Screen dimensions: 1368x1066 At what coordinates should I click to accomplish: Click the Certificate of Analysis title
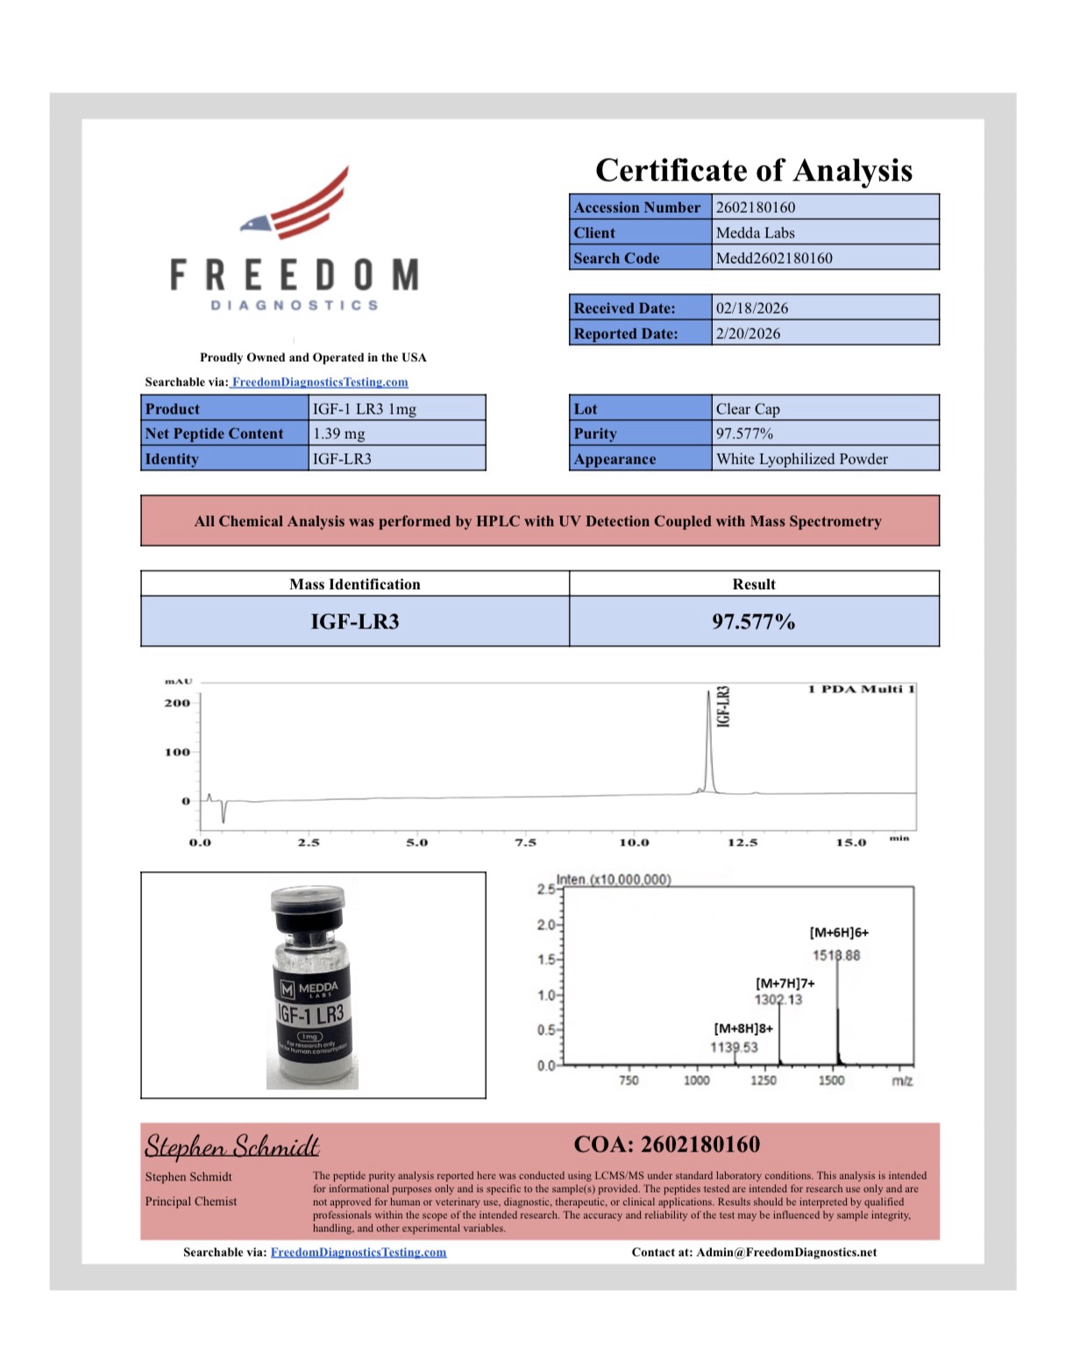click(753, 170)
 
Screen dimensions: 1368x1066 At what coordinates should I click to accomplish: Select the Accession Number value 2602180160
click(756, 208)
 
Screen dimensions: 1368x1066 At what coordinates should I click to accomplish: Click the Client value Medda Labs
click(755, 233)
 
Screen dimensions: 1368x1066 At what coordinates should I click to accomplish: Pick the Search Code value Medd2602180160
click(774, 259)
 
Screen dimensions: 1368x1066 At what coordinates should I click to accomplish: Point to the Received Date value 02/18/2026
click(751, 308)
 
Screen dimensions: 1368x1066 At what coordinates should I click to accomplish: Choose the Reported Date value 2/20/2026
click(748, 334)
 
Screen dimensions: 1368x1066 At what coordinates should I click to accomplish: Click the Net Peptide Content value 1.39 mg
click(339, 434)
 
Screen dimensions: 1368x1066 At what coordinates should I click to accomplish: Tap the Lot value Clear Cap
click(747, 409)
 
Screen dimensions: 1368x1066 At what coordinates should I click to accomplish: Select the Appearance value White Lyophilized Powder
click(801, 459)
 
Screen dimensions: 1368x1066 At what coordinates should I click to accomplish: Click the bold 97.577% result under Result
click(753, 622)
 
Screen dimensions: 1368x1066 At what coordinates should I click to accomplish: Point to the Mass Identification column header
click(354, 585)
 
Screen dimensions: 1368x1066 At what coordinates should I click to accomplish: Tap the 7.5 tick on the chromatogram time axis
click(525, 843)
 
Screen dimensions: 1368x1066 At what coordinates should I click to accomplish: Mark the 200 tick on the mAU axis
click(177, 703)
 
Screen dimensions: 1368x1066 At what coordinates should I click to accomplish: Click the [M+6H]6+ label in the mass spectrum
click(839, 932)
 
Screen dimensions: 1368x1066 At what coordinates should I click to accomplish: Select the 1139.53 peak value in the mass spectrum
click(734, 1047)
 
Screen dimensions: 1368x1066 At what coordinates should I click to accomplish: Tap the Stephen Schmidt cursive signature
click(232, 1145)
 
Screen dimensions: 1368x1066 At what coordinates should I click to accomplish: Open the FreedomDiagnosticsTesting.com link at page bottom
click(358, 1252)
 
